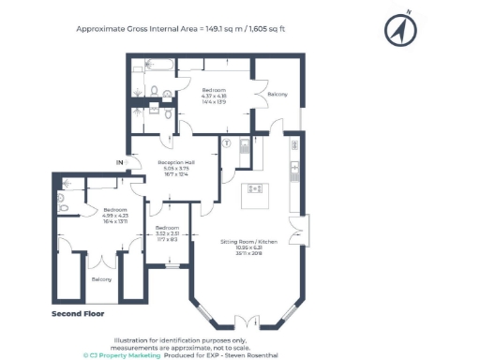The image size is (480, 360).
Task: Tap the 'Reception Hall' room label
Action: [176, 161]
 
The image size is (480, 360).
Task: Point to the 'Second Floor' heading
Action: [77, 313]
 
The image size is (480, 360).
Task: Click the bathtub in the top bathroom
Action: [156, 66]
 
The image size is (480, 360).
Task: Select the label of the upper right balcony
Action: [277, 95]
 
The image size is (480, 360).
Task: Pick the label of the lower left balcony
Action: [100, 279]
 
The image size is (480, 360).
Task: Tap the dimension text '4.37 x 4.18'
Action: [214, 96]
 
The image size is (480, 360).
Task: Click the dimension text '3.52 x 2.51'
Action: [167, 234]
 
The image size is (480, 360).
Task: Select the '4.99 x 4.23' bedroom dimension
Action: [115, 216]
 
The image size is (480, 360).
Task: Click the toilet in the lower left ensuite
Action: [61, 199]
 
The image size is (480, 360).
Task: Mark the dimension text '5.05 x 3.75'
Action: [176, 168]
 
